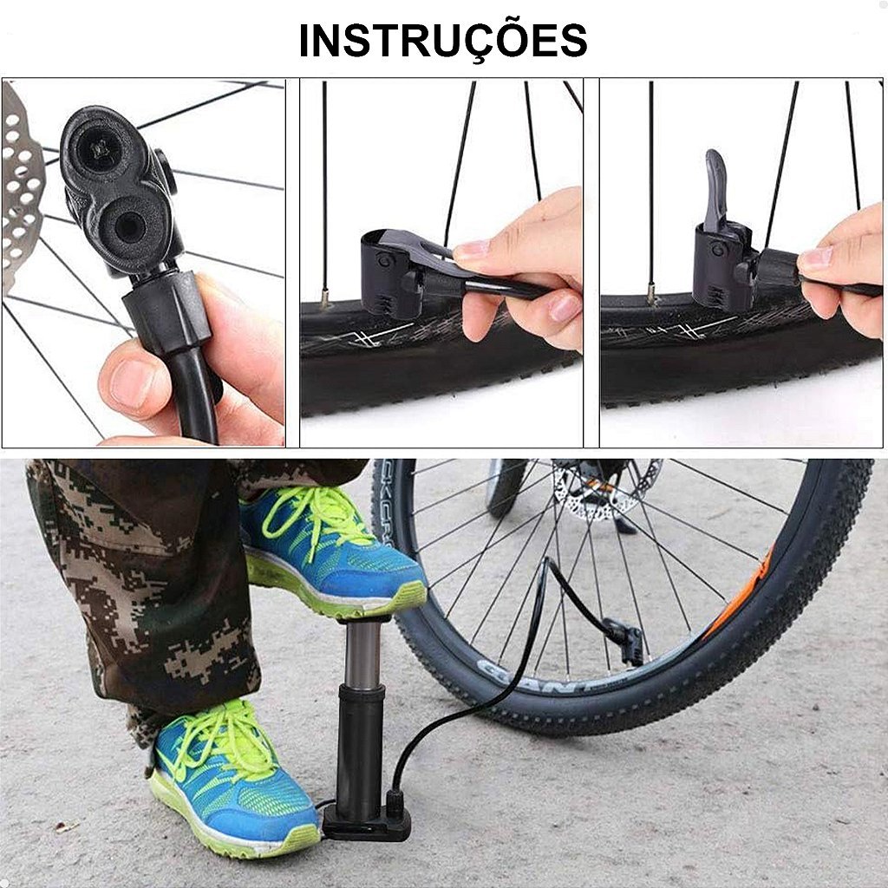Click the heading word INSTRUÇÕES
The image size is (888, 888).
(x=443, y=41)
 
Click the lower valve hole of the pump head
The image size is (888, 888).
(x=130, y=226)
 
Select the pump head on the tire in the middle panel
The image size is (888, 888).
(x=395, y=271)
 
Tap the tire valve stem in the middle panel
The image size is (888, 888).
(x=324, y=298)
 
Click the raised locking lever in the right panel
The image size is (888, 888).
(x=715, y=190)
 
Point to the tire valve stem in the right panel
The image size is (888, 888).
(x=652, y=295)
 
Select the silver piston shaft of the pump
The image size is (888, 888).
(x=362, y=654)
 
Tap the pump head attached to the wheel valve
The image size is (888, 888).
(x=628, y=641)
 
